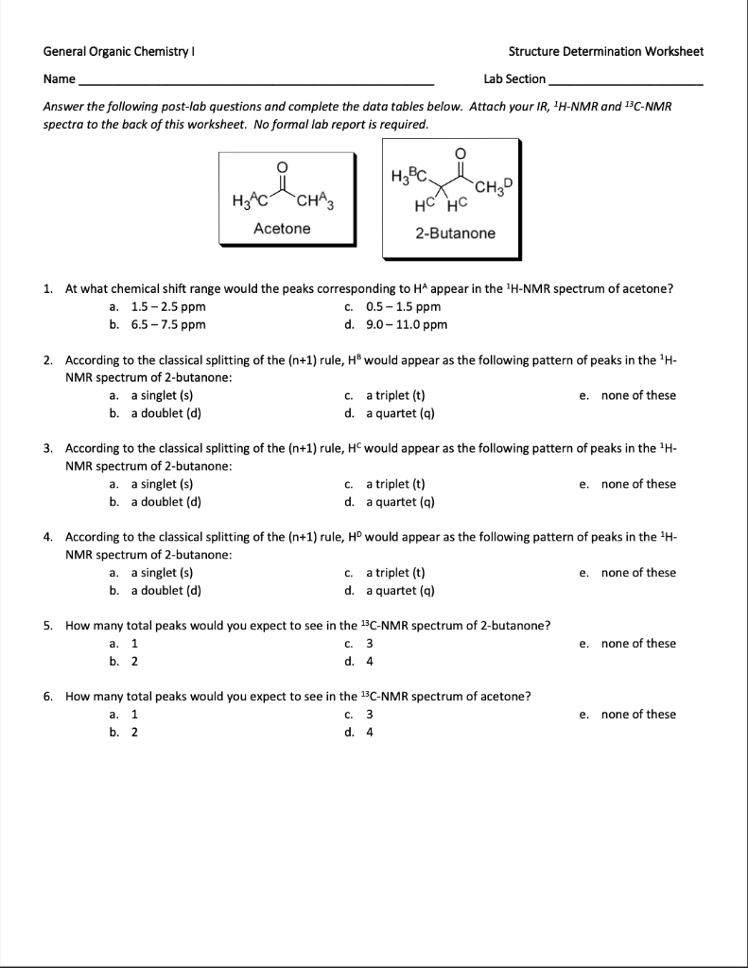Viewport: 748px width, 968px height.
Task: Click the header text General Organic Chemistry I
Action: pos(120,51)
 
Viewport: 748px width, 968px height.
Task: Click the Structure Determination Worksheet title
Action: pos(605,51)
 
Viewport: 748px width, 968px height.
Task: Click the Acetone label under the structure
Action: pos(282,229)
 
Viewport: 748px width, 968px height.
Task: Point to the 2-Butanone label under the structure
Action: pos(455,233)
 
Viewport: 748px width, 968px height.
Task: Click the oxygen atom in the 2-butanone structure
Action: pos(461,153)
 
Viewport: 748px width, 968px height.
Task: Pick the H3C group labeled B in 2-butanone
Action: pos(409,175)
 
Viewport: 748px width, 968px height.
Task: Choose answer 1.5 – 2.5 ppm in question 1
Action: pos(167,307)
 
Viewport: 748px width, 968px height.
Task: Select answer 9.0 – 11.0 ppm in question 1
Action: pos(406,325)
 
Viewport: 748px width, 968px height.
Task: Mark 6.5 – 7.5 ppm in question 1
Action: pos(167,325)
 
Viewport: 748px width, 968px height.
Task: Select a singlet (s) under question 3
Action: pos(162,484)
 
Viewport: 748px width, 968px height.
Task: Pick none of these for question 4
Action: pos(638,573)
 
